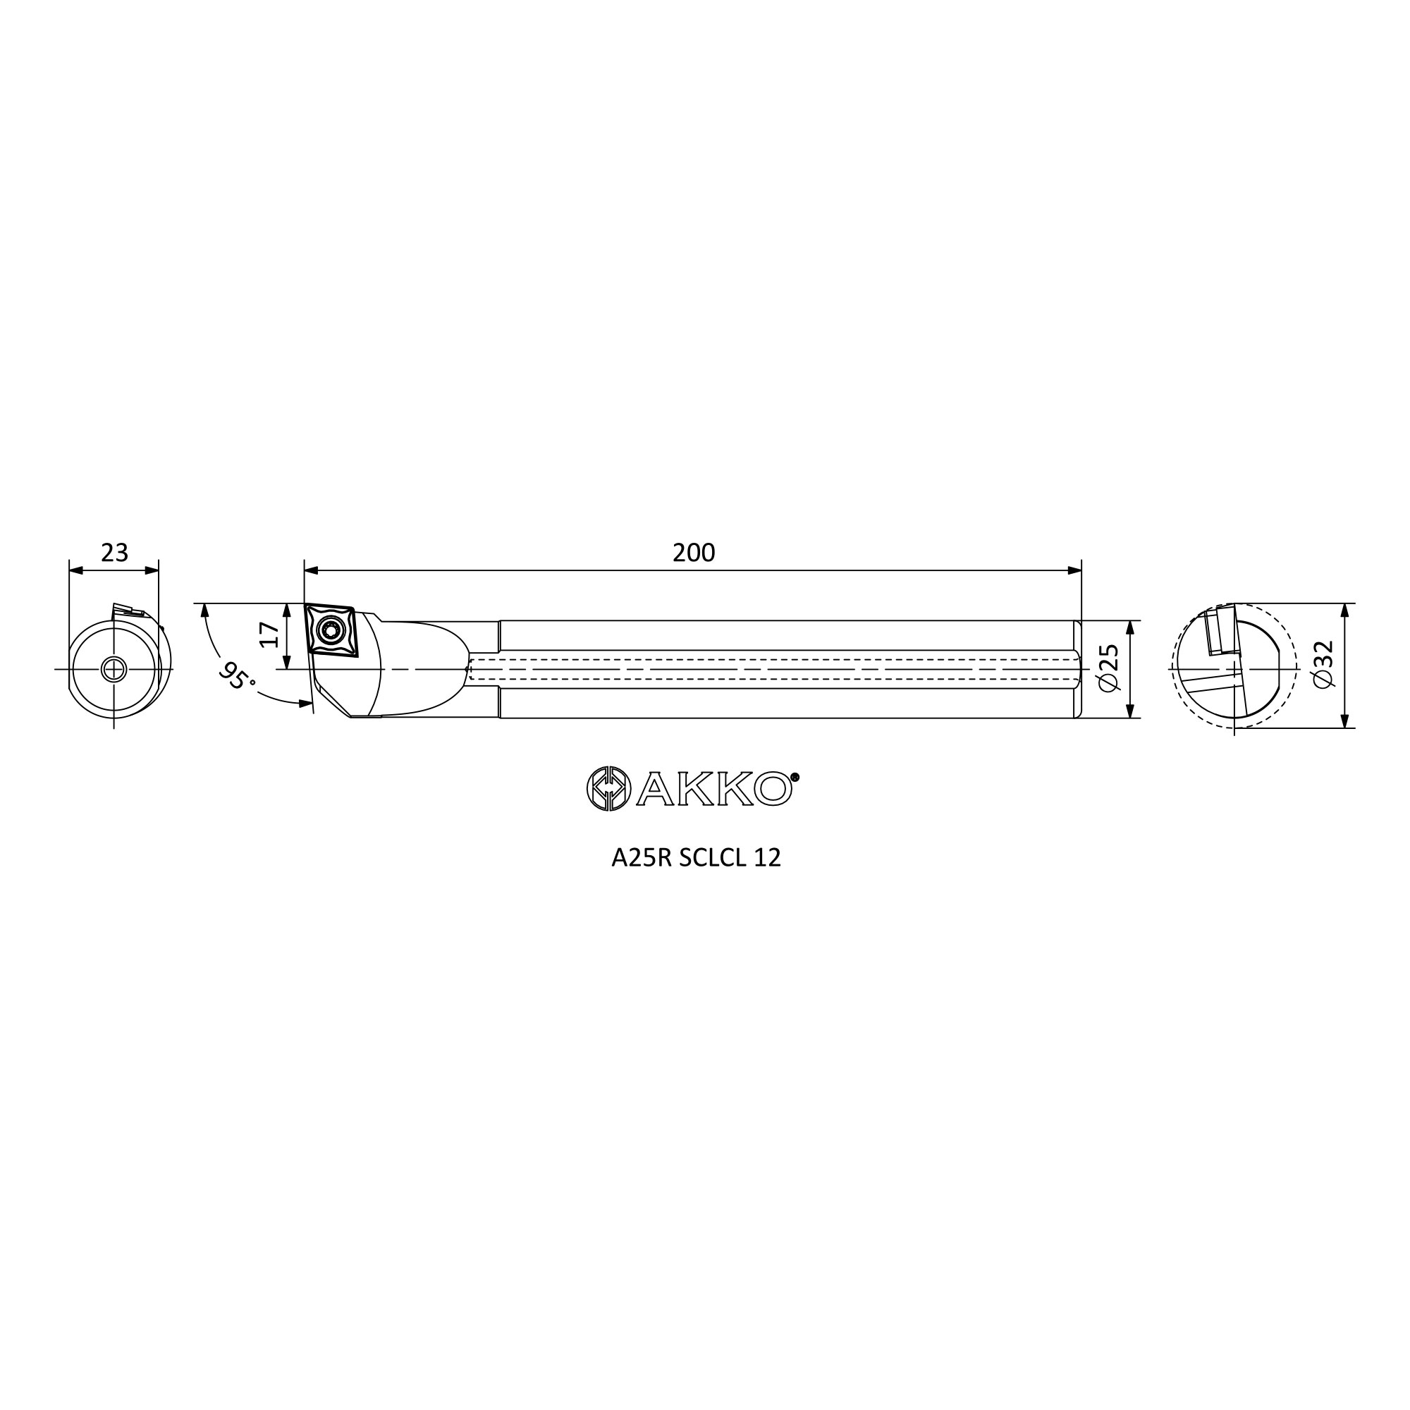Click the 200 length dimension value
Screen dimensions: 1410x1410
click(693, 553)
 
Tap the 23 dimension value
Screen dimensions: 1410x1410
click(115, 553)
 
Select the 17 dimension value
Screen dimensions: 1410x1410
click(270, 634)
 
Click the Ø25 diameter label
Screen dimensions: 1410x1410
click(1108, 668)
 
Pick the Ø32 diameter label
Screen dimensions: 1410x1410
click(1323, 664)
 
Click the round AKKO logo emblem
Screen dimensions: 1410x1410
click(608, 788)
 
